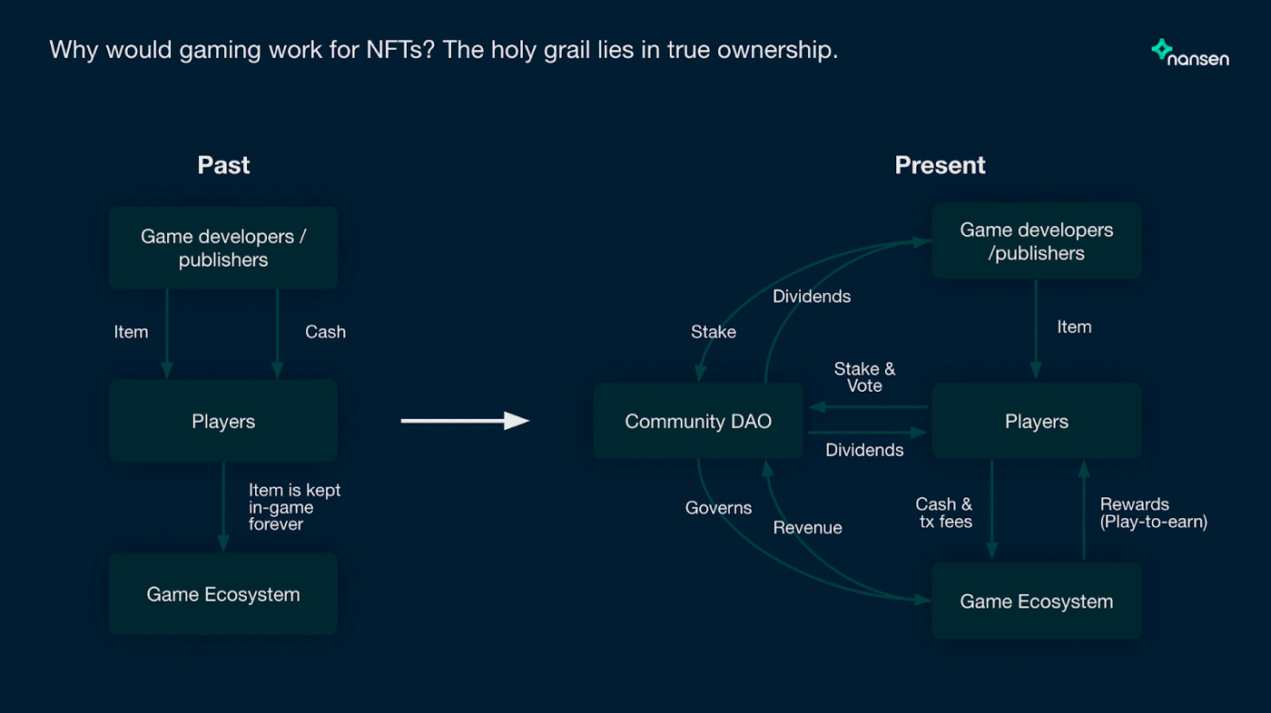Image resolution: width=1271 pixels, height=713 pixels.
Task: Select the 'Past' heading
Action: [223, 165]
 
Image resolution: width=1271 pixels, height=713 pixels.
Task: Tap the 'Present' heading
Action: [940, 165]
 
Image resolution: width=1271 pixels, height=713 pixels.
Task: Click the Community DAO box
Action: [698, 421]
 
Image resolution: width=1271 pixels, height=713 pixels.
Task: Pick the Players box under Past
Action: [223, 421]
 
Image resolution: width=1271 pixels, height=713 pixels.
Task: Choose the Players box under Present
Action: [1036, 421]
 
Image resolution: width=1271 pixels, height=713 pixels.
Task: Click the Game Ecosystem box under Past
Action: [223, 594]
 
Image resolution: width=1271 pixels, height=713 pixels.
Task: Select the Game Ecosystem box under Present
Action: [1036, 601]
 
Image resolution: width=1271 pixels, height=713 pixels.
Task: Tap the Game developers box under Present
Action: [1036, 241]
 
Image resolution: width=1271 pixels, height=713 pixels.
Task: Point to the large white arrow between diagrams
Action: [465, 420]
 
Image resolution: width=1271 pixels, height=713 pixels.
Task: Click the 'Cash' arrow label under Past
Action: [325, 332]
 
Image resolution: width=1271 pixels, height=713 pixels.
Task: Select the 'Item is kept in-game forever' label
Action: [294, 507]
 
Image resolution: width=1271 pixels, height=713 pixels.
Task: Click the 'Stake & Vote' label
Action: [864, 377]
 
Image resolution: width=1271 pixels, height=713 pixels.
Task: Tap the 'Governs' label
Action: [718, 508]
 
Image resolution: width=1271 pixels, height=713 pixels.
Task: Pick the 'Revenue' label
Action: [807, 528]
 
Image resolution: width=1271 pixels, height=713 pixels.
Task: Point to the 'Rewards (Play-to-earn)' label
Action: [1153, 513]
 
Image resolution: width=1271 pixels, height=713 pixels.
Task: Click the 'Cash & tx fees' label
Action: [944, 513]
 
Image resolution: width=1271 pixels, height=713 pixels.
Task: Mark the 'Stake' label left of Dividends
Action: [714, 332]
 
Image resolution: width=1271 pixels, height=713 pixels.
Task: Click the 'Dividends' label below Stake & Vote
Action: [864, 450]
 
